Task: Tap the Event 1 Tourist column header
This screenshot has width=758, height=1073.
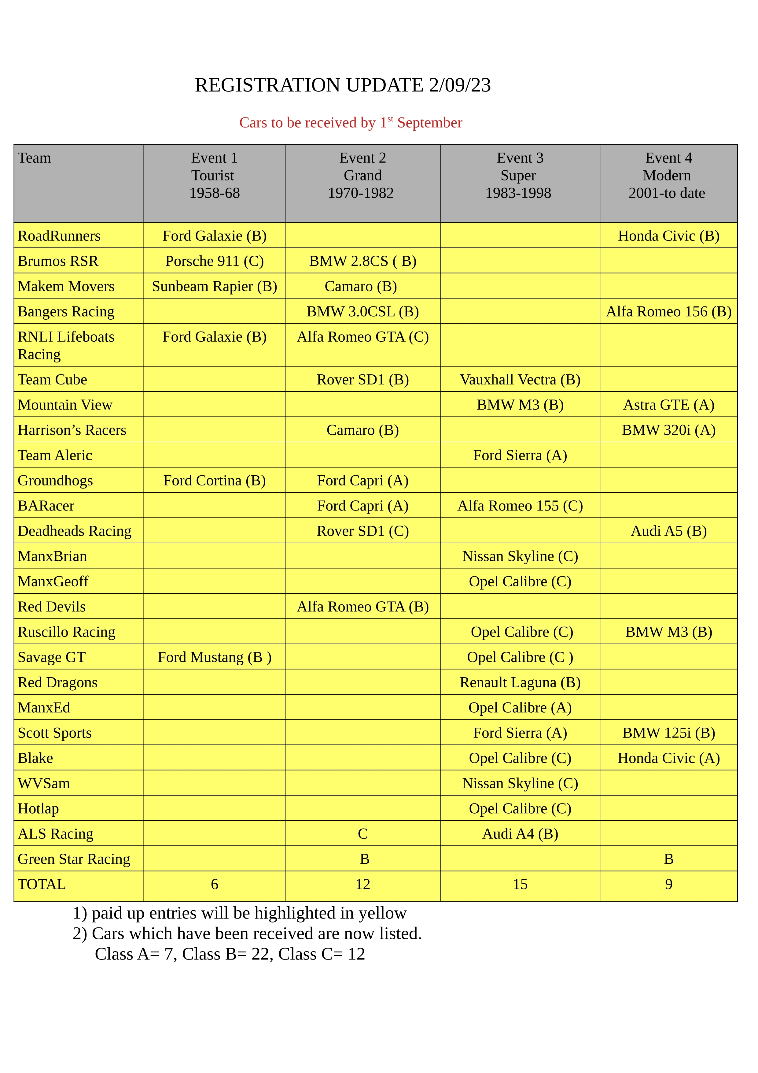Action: (214, 175)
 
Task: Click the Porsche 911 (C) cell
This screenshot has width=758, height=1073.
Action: (214, 261)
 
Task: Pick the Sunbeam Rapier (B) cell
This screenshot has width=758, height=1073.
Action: (214, 286)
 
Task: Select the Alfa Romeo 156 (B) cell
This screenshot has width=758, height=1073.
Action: (668, 311)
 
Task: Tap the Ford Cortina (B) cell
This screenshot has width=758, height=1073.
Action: (214, 481)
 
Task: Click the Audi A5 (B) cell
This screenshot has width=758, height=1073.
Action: (668, 531)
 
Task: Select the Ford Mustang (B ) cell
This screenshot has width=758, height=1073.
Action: (214, 657)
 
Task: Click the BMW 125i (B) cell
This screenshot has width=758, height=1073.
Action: (668, 733)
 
